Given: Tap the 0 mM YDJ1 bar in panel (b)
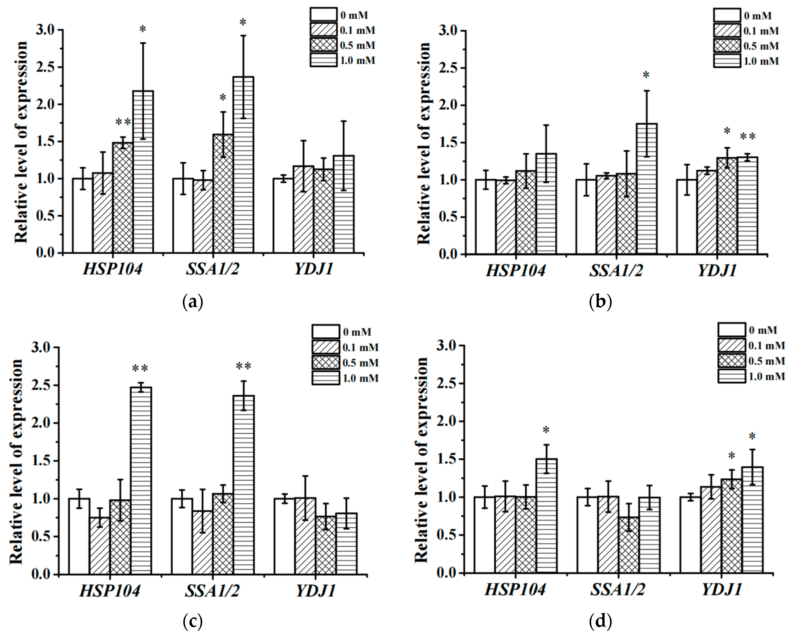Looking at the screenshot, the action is pyautogui.click(x=687, y=217).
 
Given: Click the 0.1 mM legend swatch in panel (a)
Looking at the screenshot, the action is pyautogui.click(x=323, y=30).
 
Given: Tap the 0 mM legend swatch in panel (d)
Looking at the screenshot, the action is pyautogui.click(x=732, y=330).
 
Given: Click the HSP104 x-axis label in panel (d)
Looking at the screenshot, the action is pyautogui.click(x=515, y=590).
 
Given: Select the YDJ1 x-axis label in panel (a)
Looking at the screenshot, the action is pyautogui.click(x=313, y=269).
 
